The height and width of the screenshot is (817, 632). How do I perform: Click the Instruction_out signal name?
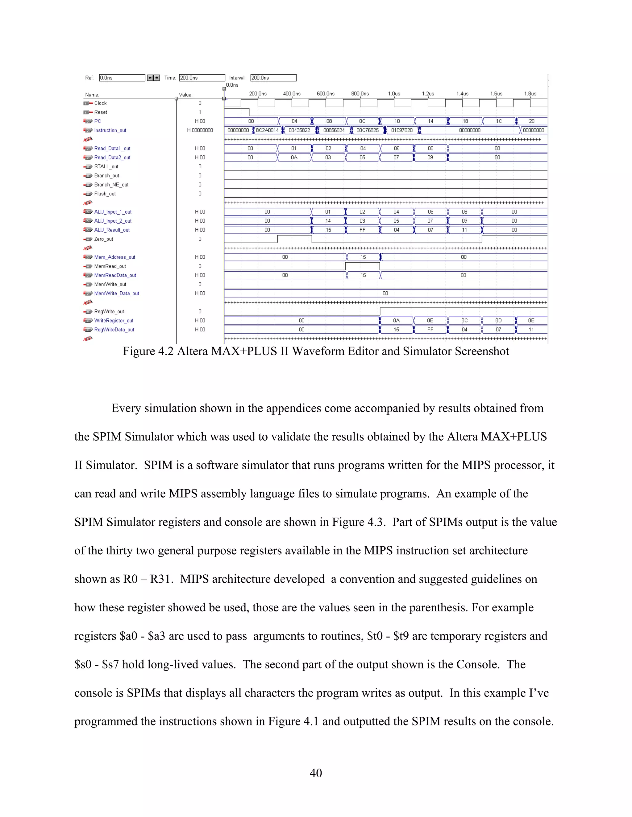pyautogui.click(x=110, y=130)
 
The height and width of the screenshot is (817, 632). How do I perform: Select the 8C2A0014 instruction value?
pyautogui.click(x=267, y=130)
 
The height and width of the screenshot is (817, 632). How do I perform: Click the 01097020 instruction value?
pyautogui.click(x=402, y=130)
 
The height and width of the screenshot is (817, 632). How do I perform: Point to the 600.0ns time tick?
pyautogui.click(x=325, y=93)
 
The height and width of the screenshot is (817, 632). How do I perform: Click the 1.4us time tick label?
pyautogui.click(x=462, y=93)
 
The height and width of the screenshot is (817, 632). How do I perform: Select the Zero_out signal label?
pyautogui.click(x=103, y=239)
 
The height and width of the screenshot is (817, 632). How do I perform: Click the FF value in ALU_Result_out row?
pyautogui.click(x=362, y=230)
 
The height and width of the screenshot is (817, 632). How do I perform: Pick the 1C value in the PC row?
pyautogui.click(x=499, y=121)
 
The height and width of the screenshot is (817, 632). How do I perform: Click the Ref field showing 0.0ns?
pyautogui.click(x=122, y=78)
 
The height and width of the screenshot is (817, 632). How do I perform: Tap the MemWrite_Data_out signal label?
pyautogui.click(x=116, y=293)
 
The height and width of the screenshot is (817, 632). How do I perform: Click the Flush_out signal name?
pyautogui.click(x=105, y=194)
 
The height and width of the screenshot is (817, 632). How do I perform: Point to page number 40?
pyautogui.click(x=316, y=773)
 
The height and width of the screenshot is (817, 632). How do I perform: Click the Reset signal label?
pyautogui.click(x=100, y=112)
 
